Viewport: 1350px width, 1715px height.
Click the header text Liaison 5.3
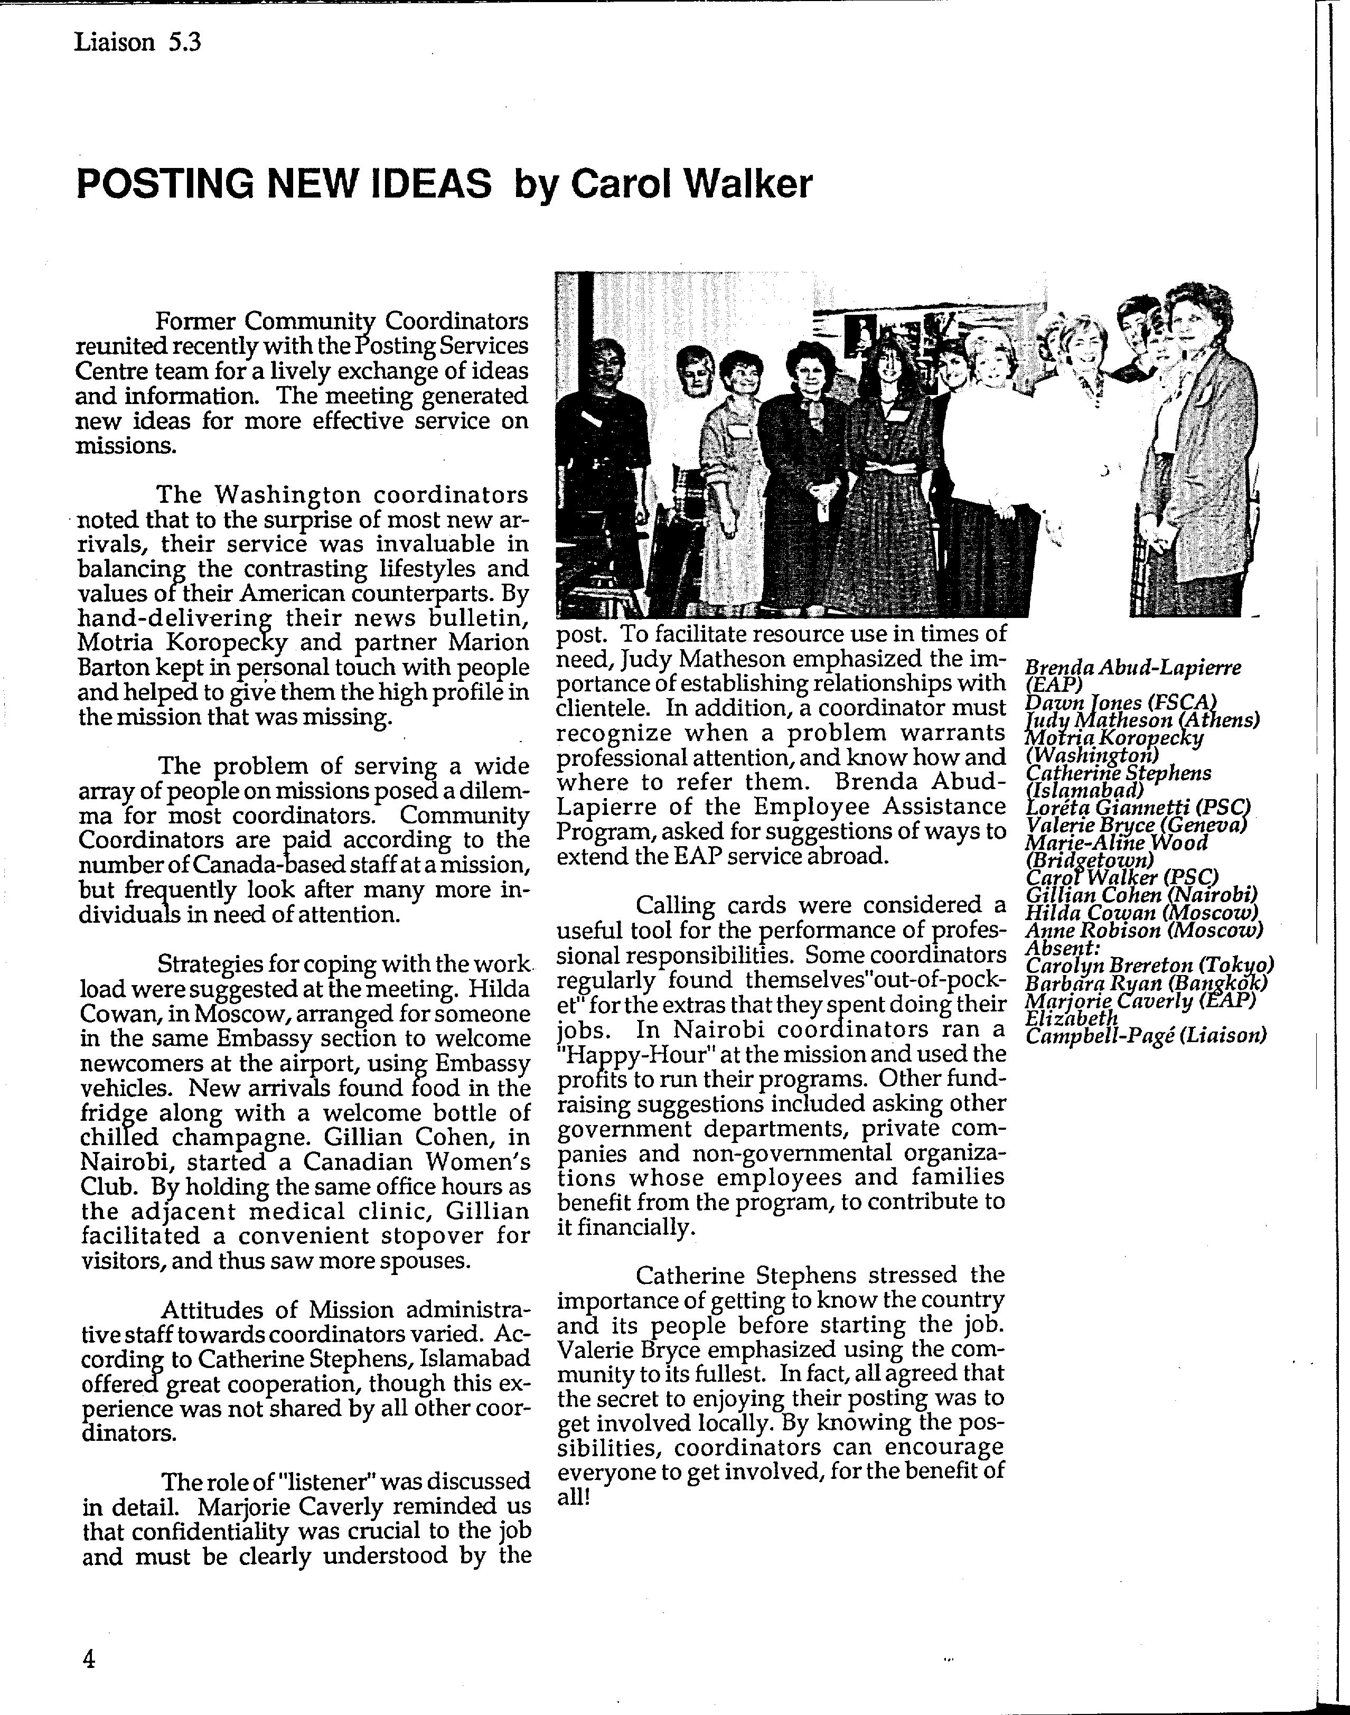point(137,41)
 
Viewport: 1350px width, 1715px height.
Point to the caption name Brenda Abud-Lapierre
point(1132,668)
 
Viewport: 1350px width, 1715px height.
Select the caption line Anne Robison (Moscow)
point(1143,930)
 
